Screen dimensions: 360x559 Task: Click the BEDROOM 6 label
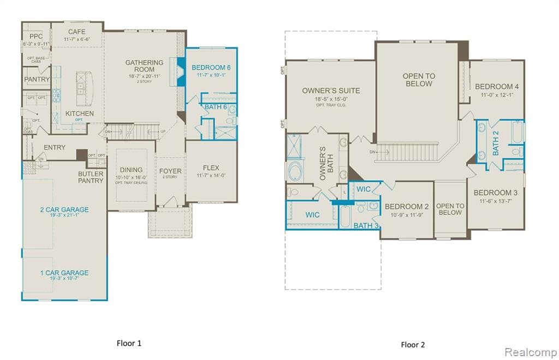(x=211, y=68)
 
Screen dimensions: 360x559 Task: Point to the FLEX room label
(x=211, y=167)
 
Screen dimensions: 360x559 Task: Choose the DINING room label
(x=131, y=170)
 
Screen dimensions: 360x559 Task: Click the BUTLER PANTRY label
(x=91, y=177)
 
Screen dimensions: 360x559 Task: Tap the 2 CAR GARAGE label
(x=64, y=209)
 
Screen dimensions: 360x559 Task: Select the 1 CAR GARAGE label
(x=64, y=273)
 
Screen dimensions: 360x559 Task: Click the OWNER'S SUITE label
(x=331, y=91)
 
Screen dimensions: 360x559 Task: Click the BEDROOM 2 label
(x=406, y=206)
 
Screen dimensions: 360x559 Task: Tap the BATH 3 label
(x=366, y=225)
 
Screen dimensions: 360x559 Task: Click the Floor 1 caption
(x=129, y=343)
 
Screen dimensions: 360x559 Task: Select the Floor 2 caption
(x=412, y=344)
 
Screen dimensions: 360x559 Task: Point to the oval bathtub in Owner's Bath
(x=297, y=170)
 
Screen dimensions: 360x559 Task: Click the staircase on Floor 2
(x=407, y=149)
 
